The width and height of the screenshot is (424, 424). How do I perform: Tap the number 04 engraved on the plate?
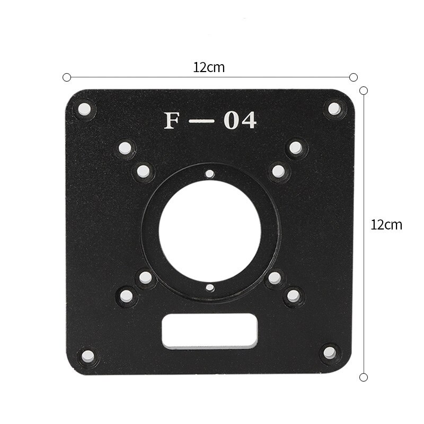click(x=240, y=121)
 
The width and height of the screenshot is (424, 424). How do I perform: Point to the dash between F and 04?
click(x=202, y=121)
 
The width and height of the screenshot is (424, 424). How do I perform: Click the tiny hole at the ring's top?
click(x=210, y=173)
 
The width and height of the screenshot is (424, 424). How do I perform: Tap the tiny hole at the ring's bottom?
click(x=210, y=288)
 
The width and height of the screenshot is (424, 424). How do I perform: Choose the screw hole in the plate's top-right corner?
click(x=334, y=109)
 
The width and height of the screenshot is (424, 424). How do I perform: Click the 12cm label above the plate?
click(x=209, y=67)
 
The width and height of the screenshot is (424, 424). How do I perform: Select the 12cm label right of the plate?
click(x=386, y=224)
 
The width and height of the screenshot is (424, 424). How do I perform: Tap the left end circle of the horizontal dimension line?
click(x=67, y=77)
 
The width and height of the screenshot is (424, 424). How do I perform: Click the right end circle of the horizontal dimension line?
click(x=354, y=77)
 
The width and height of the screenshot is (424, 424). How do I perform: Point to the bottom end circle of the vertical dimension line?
click(x=364, y=377)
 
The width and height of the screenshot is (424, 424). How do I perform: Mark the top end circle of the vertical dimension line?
click(x=364, y=91)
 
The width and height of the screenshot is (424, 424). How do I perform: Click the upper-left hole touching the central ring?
click(x=143, y=171)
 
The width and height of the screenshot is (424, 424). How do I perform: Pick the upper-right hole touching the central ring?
click(x=278, y=171)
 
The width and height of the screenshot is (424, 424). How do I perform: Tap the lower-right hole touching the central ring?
click(x=275, y=277)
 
